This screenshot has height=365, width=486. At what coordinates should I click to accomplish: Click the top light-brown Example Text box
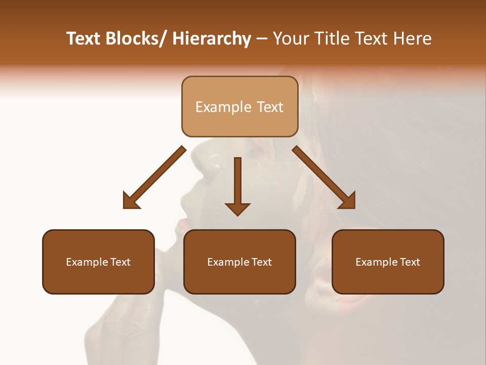tap(239, 106)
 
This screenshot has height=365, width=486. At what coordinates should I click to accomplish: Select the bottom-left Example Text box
tap(98, 262)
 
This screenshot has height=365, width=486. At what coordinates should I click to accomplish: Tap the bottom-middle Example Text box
tap(239, 262)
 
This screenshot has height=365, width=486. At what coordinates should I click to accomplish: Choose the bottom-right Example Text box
tap(388, 262)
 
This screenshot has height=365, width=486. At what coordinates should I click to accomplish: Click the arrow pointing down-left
tap(154, 177)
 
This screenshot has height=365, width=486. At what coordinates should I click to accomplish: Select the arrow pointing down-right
tap(324, 177)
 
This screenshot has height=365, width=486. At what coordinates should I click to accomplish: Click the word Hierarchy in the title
tap(212, 39)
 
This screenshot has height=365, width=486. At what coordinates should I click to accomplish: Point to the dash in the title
tap(262, 39)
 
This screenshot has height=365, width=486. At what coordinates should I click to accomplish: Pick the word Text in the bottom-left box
tap(120, 262)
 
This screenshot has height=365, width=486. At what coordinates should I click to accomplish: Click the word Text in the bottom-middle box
tap(261, 262)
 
